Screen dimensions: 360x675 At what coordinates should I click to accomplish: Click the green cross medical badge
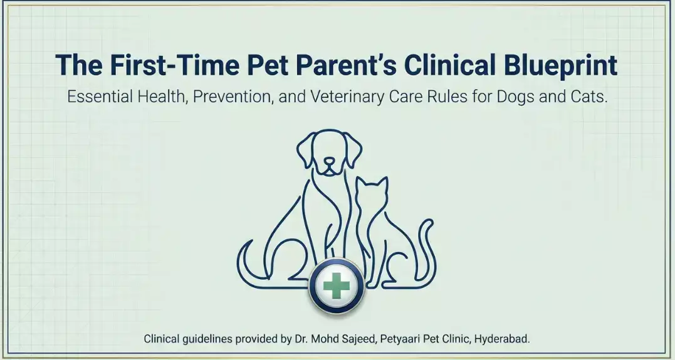[x=337, y=287]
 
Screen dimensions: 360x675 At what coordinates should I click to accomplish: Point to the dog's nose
[x=330, y=161]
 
